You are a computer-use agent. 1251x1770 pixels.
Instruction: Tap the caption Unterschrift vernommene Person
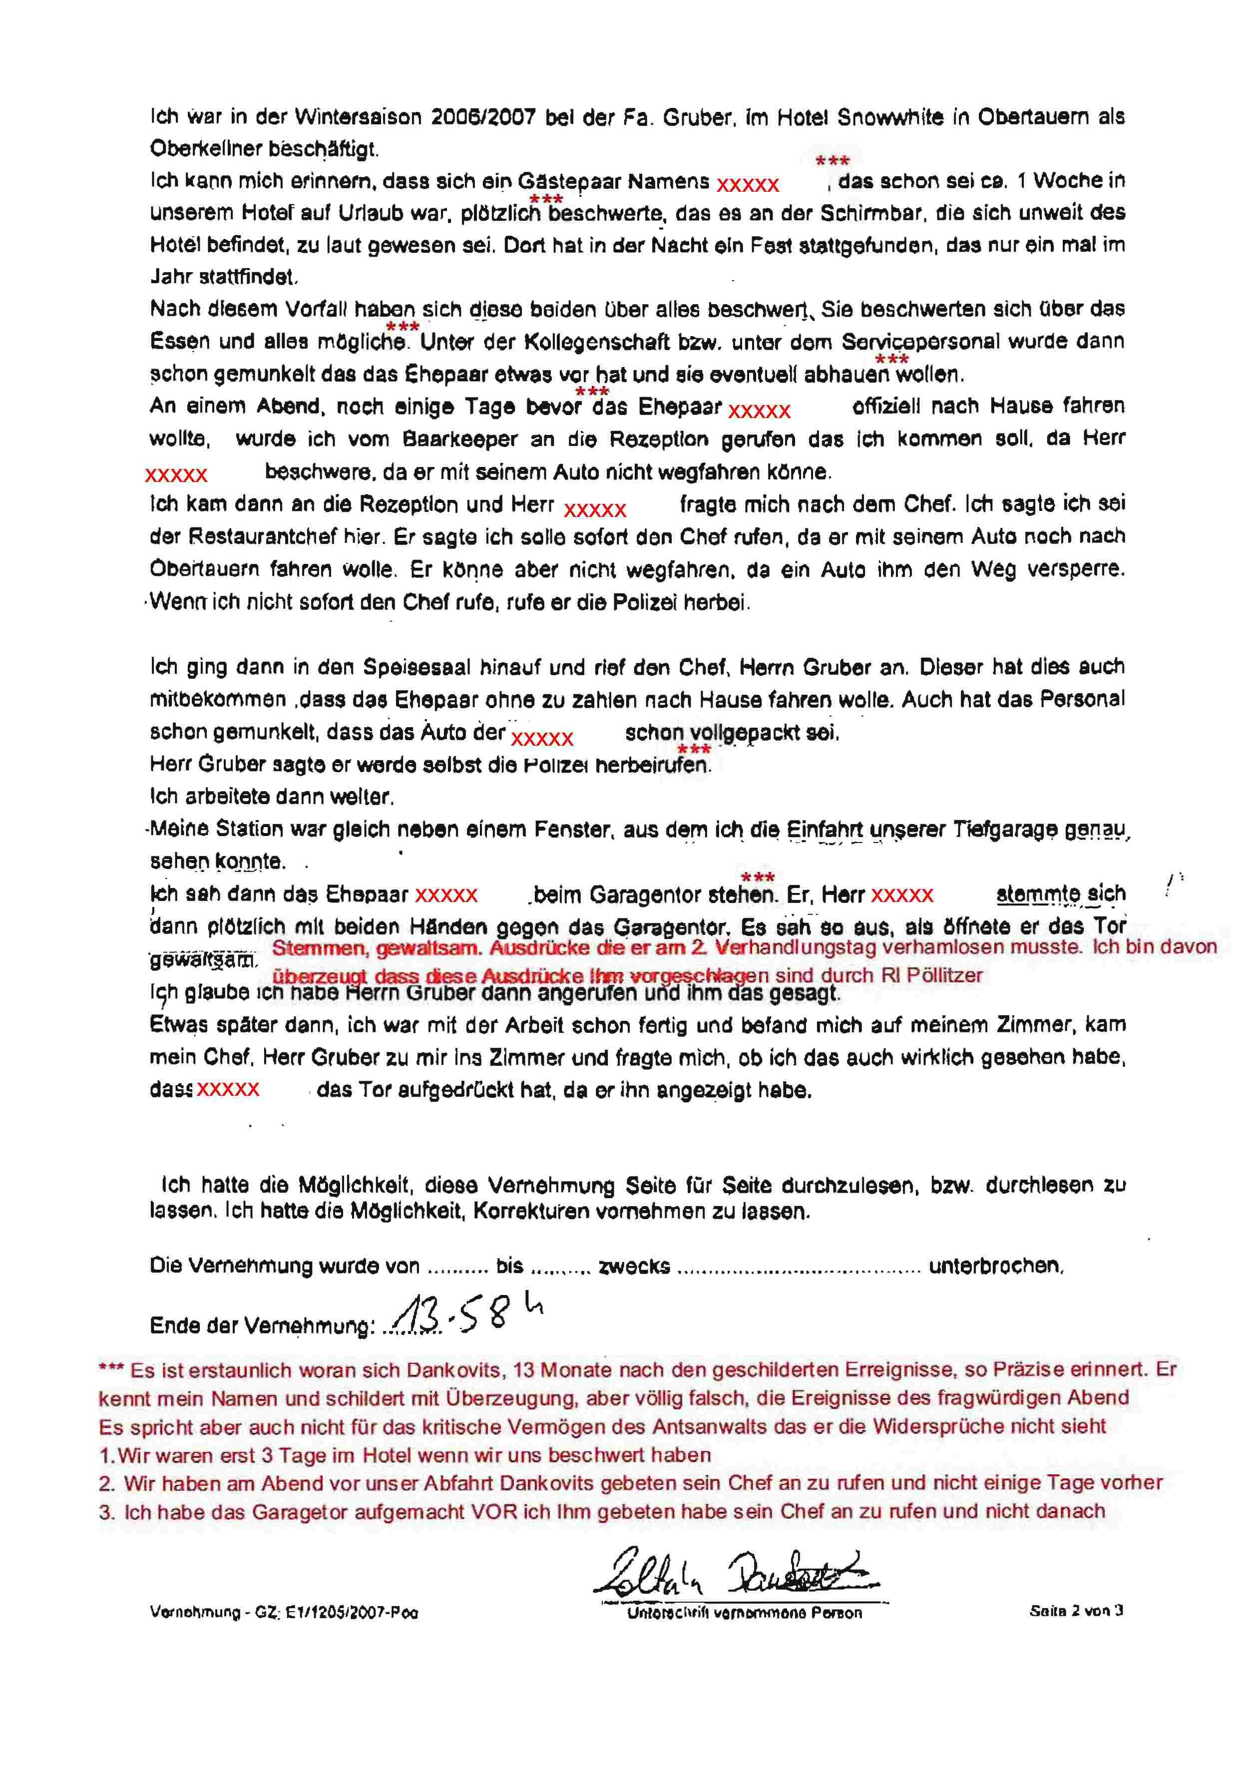pos(744,1613)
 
